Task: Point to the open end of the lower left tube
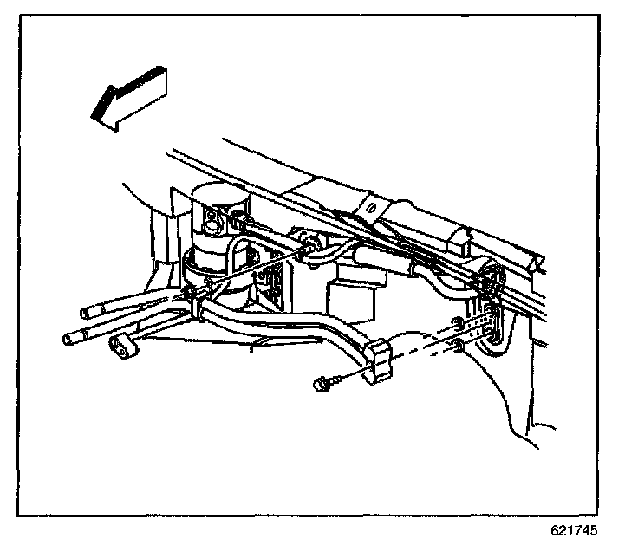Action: click(69, 338)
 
